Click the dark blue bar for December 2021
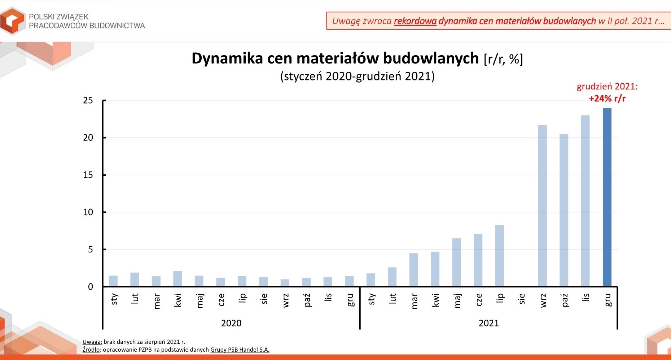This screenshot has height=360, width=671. pyautogui.click(x=607, y=197)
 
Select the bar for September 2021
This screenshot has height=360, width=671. pyautogui.click(x=543, y=206)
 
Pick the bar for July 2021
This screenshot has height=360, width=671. pyautogui.click(x=500, y=255)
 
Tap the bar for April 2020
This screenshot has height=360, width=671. pyautogui.click(x=177, y=278)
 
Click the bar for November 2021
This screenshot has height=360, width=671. pyautogui.click(x=586, y=201)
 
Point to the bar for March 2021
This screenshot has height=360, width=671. pyautogui.click(x=414, y=269)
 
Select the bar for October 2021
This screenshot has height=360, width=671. pyautogui.click(x=564, y=210)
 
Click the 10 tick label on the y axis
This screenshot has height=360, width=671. pyautogui.click(x=88, y=212)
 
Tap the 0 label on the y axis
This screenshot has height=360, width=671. pyautogui.click(x=91, y=287)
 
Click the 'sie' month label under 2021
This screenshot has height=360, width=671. pyautogui.click(x=522, y=299)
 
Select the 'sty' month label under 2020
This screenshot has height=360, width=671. pyautogui.click(x=114, y=299)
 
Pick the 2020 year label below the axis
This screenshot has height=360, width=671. pyautogui.click(x=231, y=323)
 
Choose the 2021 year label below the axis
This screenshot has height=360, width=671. pyautogui.click(x=489, y=323)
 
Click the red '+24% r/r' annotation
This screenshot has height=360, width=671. pyautogui.click(x=607, y=98)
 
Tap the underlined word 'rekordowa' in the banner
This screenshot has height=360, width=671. pyautogui.click(x=415, y=21)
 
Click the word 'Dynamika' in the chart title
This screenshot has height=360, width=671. pyautogui.click(x=227, y=58)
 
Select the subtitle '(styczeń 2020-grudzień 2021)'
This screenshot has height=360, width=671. pyautogui.click(x=358, y=76)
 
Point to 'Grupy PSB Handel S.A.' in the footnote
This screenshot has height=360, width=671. pyautogui.click(x=240, y=350)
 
